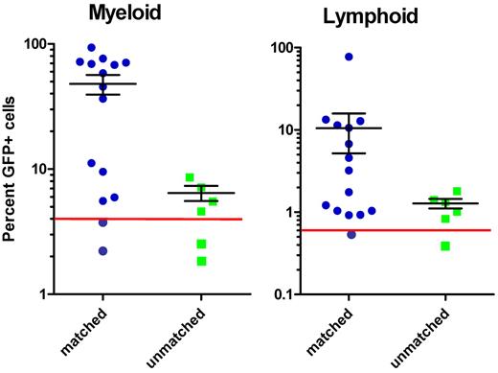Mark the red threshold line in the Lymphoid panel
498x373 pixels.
tap(393, 230)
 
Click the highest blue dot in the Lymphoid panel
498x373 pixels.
tap(349, 57)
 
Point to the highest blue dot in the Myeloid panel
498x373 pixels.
tap(91, 47)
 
